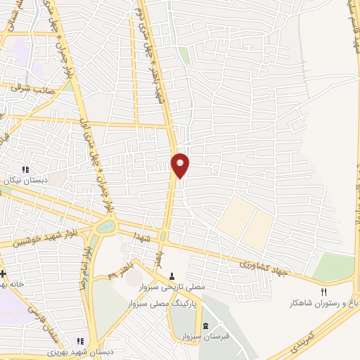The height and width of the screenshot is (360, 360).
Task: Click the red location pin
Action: tap(181, 165)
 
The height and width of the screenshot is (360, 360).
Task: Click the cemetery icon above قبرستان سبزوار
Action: tap(205, 326)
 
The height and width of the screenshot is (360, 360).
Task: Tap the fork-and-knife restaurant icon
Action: tap(324, 292)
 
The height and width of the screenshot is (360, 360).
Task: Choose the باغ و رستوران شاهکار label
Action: tap(323, 304)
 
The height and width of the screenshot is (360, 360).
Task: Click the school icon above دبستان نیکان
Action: tap(27, 169)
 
